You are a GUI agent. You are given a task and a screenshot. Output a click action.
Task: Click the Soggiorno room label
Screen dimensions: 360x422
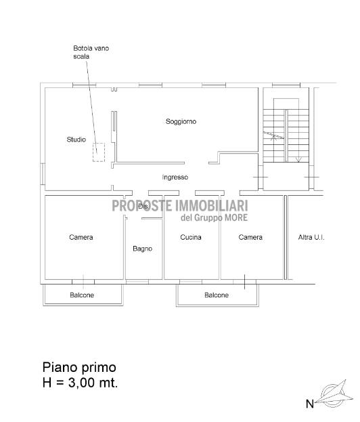pyautogui.click(x=181, y=122)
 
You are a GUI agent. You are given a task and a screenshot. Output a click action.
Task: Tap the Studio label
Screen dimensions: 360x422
pyautogui.click(x=76, y=140)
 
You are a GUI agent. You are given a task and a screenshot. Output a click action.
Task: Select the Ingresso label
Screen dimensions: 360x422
pyautogui.click(x=175, y=177)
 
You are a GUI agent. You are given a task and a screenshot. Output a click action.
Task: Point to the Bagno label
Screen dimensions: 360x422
pyautogui.click(x=143, y=249)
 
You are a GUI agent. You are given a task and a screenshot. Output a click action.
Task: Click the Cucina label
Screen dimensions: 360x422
pyautogui.click(x=191, y=237)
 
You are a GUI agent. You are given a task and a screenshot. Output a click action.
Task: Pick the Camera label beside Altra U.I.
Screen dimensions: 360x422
pyautogui.click(x=250, y=237)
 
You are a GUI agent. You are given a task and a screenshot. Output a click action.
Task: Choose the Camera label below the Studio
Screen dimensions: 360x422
pyautogui.click(x=81, y=237)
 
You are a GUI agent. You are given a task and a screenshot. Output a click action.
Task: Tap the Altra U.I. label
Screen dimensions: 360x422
pyautogui.click(x=311, y=237)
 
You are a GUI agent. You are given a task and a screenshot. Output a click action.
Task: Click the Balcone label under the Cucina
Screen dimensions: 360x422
pyautogui.click(x=217, y=295)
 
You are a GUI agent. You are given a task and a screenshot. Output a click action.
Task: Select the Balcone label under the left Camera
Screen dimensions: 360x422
pyautogui.click(x=82, y=295)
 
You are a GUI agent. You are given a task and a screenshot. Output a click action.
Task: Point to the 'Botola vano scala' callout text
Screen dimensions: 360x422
pyautogui.click(x=91, y=52)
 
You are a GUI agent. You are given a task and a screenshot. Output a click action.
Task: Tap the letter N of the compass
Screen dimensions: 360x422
pyautogui.click(x=310, y=404)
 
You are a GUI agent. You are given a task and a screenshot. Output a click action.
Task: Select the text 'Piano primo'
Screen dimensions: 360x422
pyautogui.click(x=79, y=367)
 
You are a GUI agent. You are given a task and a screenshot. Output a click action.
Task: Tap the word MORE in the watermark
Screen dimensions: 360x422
pyautogui.click(x=235, y=217)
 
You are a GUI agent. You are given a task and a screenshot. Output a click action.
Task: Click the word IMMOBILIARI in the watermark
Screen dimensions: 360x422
pyautogui.click(x=211, y=206)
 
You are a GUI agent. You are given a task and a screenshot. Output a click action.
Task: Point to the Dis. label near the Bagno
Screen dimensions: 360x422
pyautogui.click(x=143, y=207)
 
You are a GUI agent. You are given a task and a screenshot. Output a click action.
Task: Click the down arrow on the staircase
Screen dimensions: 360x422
pyautogui.click(x=298, y=159)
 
